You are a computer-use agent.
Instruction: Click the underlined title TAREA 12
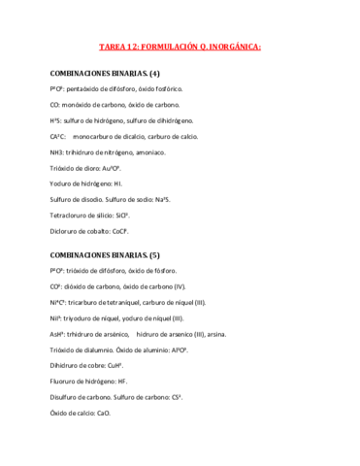click(x=180, y=46)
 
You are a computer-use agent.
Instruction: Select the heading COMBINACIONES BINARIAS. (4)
click(x=105, y=74)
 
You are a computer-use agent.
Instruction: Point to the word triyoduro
click(x=80, y=317)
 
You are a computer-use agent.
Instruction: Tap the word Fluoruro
click(x=66, y=382)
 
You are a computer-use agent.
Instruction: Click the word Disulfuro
click(x=68, y=397)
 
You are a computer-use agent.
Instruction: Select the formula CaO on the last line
click(x=103, y=413)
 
